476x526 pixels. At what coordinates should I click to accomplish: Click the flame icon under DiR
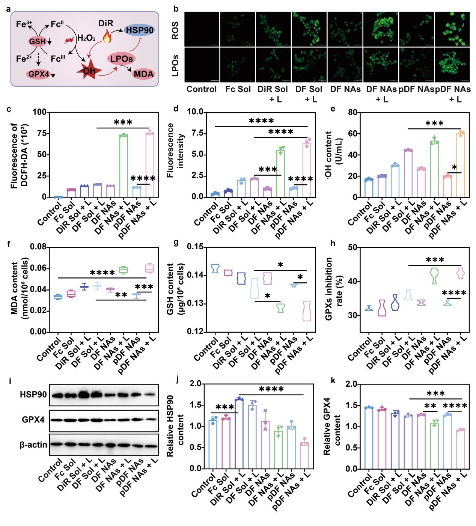coord(107,37)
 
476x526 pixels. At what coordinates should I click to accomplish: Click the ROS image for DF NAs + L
coord(380,29)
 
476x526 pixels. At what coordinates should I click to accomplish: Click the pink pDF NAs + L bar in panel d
coord(307,169)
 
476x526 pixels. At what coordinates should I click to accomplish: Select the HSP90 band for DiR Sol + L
coord(83,395)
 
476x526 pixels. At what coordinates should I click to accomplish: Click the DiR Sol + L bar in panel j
coord(239,434)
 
